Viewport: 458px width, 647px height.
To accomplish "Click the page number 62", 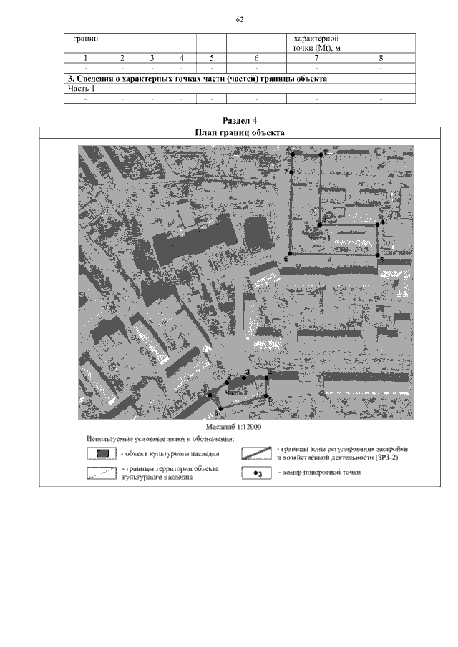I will click(x=240, y=19).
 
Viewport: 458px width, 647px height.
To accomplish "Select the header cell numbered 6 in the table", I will click(x=255, y=57).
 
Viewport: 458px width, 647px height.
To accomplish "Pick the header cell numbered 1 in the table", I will click(x=85, y=57).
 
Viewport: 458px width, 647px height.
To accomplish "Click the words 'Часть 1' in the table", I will click(x=82, y=89).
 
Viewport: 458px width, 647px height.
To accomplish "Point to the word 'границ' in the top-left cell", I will click(x=85, y=36).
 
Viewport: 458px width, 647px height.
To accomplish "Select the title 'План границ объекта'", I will click(x=240, y=132).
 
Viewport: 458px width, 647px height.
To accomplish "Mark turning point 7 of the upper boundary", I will click(x=292, y=172).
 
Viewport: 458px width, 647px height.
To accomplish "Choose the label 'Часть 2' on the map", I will click(x=236, y=392).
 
